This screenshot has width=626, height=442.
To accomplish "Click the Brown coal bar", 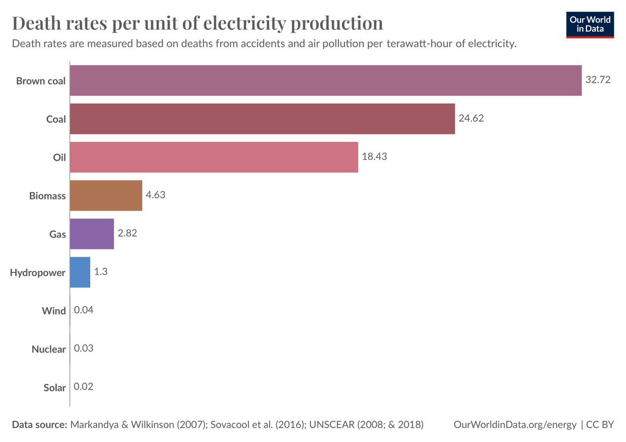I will point(326,80).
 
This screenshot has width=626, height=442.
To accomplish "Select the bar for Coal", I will point(262,119).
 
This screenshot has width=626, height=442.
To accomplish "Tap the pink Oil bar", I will point(214,157).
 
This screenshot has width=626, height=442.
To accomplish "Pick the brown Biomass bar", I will point(106,196).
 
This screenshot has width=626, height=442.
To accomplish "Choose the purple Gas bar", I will point(92,234).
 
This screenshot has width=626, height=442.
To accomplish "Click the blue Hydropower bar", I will point(80,272).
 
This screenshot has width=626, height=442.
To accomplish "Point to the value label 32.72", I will point(597,80).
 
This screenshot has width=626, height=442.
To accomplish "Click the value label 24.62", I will point(471,118).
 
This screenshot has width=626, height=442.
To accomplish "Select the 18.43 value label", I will point(374,157).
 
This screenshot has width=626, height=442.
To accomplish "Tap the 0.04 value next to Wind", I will point(84,310).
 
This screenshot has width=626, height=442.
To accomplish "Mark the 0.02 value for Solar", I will point(84,387).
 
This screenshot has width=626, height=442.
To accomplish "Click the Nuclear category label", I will point(49,349).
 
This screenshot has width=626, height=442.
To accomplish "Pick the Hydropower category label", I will point(38,272).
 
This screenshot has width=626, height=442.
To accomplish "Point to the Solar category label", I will point(55,388).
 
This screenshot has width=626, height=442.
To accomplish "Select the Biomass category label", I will point(47,196).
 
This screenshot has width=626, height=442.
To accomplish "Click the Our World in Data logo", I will point(590,24).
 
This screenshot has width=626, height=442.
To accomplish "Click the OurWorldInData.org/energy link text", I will point(515,425).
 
